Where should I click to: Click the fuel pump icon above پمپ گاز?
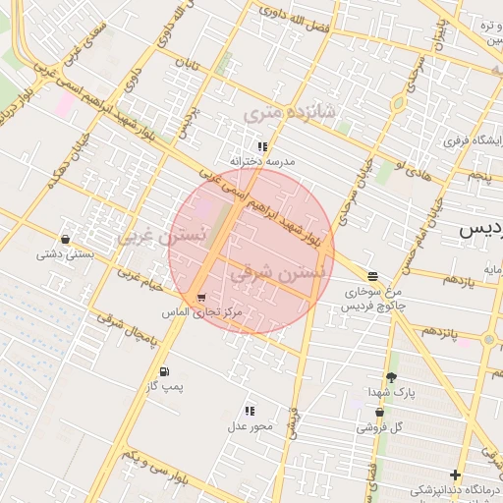pyautogui.click(x=163, y=371)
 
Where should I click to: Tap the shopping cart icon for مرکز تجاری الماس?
pyautogui.click(x=201, y=298)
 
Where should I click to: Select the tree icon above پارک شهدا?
pyautogui.click(x=391, y=377)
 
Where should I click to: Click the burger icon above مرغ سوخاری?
pyautogui.click(x=371, y=276)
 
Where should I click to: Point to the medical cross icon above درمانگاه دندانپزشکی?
pyautogui.click(x=454, y=475)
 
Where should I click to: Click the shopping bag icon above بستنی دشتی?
pyautogui.click(x=65, y=239)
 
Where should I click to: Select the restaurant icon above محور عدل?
pyautogui.click(x=250, y=411)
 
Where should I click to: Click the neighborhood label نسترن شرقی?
pyautogui.click(x=274, y=275)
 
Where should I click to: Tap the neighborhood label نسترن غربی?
pyautogui.click(x=162, y=235)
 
